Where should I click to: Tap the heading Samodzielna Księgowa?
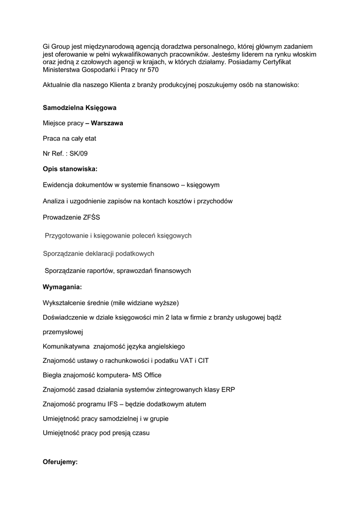(80, 107)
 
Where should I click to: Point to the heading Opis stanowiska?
(70, 169)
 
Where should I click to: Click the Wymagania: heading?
(62, 287)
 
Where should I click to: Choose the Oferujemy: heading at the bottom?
(61, 462)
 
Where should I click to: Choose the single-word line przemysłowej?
(63, 332)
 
